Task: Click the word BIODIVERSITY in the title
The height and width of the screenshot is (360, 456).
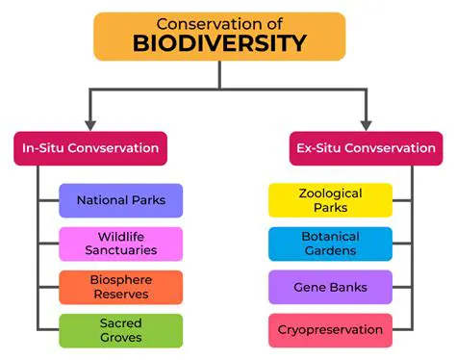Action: [x=220, y=43]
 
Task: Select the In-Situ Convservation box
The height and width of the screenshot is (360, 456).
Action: [x=90, y=148]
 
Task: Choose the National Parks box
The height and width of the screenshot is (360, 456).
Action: [x=120, y=200]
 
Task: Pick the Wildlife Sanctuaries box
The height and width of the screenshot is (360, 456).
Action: [x=120, y=244]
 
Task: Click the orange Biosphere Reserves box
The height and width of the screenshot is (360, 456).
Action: [x=120, y=287]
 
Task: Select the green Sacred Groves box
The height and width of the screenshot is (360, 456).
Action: [x=120, y=330]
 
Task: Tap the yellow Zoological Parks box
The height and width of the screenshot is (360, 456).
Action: [x=330, y=200]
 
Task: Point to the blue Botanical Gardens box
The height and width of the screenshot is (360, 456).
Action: [x=330, y=244]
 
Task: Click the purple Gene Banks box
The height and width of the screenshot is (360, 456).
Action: [x=330, y=287]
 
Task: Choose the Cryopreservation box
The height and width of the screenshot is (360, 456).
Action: [x=330, y=330]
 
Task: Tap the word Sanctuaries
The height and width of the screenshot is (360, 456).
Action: [x=120, y=250]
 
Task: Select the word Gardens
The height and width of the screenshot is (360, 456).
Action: [x=330, y=250]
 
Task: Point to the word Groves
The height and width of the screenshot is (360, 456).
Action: [x=120, y=337]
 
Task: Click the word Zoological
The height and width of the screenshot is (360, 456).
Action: [x=330, y=193]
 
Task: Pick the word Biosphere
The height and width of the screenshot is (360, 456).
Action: [x=120, y=280]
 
